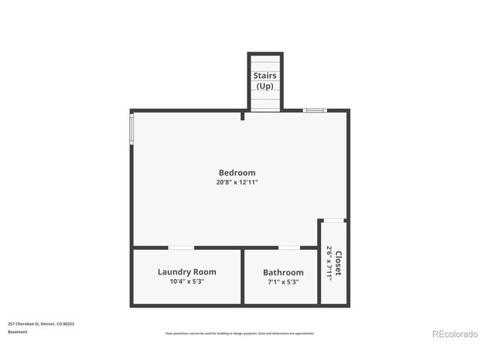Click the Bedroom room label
tap(237, 172)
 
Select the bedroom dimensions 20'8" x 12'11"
tap(237, 182)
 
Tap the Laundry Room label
tap(187, 271)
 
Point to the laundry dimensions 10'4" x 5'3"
tap(187, 281)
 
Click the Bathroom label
tap(283, 272)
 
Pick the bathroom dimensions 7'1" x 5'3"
tap(283, 282)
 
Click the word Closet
tap(338, 262)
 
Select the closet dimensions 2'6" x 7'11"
tap(328, 262)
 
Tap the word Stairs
tap(265, 76)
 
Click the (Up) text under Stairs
tap(265, 86)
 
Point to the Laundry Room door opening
tap(181, 247)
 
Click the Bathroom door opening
tap(289, 247)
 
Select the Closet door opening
tap(334, 220)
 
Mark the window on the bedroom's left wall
tap(132, 128)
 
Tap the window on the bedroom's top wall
tap(314, 110)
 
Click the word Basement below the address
tap(17, 331)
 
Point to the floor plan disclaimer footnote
tap(239, 333)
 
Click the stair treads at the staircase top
tap(265, 61)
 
